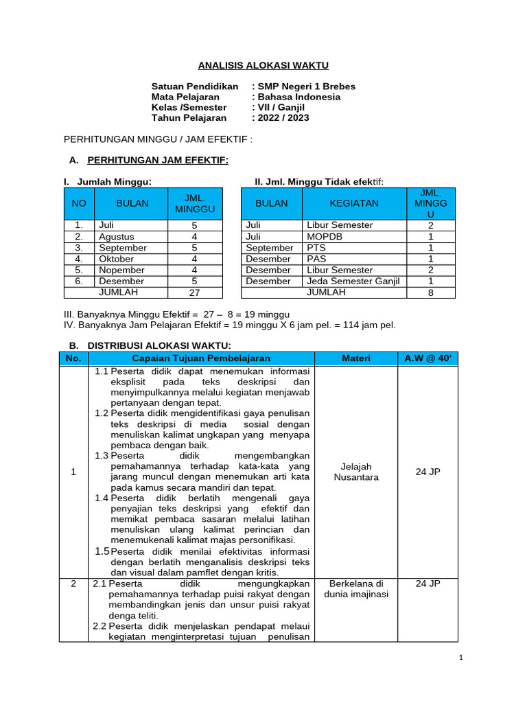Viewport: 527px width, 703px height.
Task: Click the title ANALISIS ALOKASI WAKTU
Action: coord(263,65)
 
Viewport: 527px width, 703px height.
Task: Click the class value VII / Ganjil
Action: coord(281,107)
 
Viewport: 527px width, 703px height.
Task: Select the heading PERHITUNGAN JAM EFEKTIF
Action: coord(158,160)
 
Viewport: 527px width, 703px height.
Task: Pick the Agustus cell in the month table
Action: coord(116,236)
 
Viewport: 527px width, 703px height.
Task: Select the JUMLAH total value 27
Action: coord(194,292)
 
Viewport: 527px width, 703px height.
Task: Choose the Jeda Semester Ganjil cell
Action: coord(353,281)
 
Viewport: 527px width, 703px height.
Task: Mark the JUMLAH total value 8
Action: coord(430,292)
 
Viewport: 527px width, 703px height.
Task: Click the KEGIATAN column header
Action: coord(354,204)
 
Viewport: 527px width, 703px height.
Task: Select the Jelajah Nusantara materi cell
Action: coord(355,472)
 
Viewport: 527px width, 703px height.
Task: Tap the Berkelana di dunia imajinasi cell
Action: coord(355,588)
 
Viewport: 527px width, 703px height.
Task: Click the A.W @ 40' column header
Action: coord(428,358)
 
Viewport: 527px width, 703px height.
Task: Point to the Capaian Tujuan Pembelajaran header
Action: coord(201,358)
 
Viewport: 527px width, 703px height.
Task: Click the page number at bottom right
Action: coord(461,657)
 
